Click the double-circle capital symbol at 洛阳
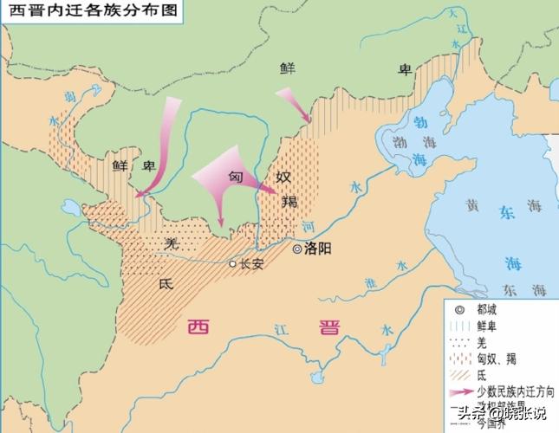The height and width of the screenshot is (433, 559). click(296, 249)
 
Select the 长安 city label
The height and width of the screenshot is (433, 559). click(250, 264)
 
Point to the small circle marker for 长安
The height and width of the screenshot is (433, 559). click(231, 264)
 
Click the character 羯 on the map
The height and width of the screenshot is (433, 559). click(289, 203)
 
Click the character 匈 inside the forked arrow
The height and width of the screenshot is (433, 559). click(235, 174)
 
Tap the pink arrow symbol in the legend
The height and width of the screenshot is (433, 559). click(458, 392)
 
